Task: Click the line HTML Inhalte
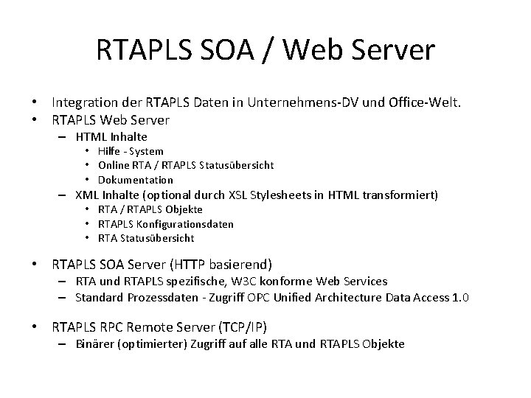(111, 137)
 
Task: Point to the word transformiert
(402, 195)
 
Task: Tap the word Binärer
(96, 344)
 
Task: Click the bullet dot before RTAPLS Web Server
(34, 119)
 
